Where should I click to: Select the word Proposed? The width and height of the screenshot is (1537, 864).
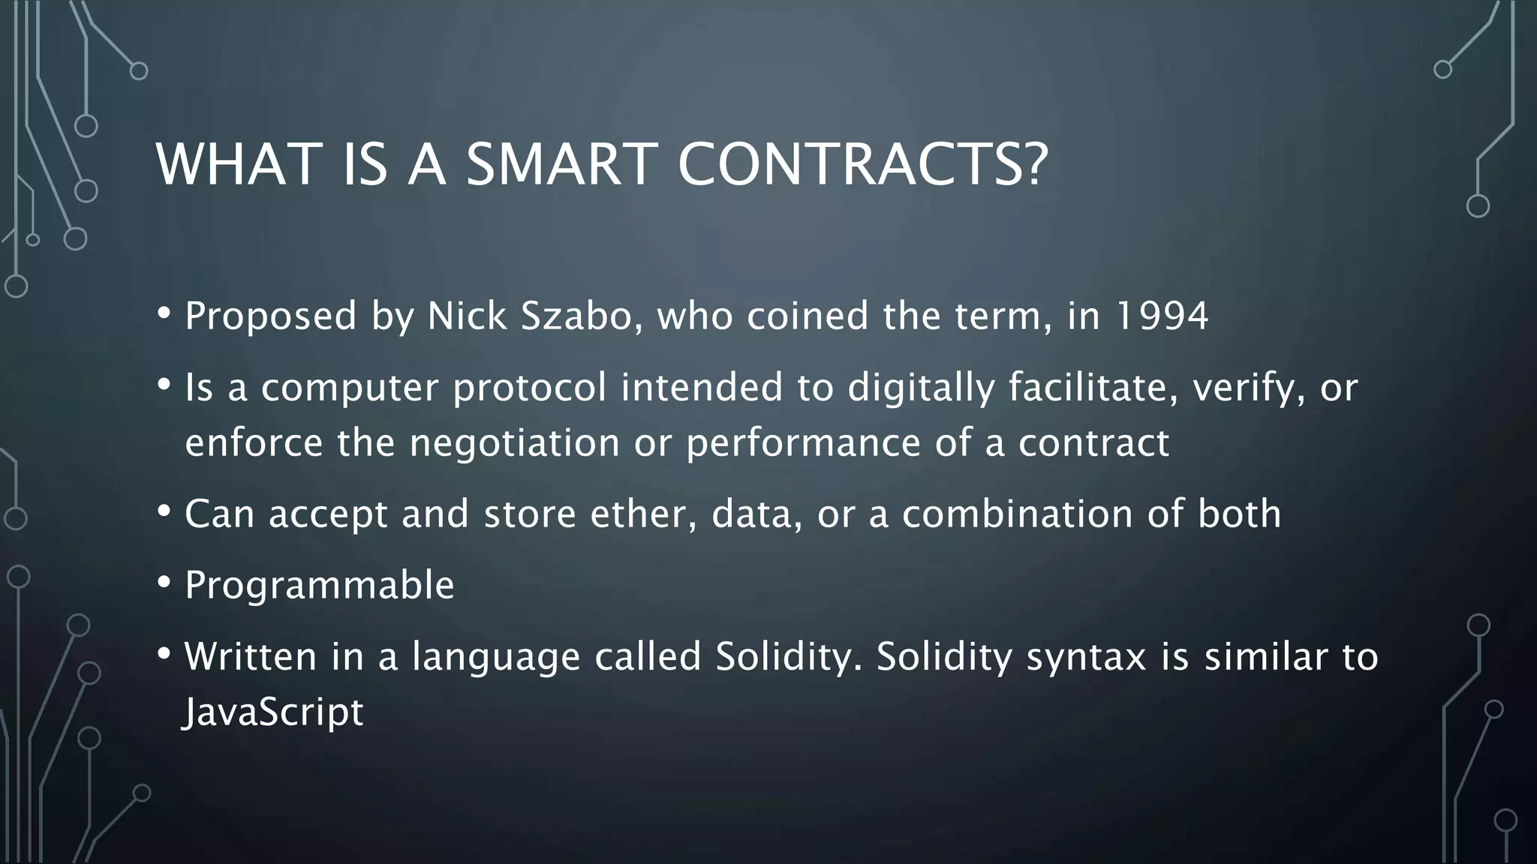(271, 316)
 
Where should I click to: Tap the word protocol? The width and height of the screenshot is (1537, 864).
(530, 388)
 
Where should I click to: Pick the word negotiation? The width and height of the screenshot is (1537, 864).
(515, 442)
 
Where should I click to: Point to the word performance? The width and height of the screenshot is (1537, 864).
(803, 442)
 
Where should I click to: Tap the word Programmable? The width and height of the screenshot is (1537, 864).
(320, 585)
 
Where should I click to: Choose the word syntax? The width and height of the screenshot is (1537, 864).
(1086, 657)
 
